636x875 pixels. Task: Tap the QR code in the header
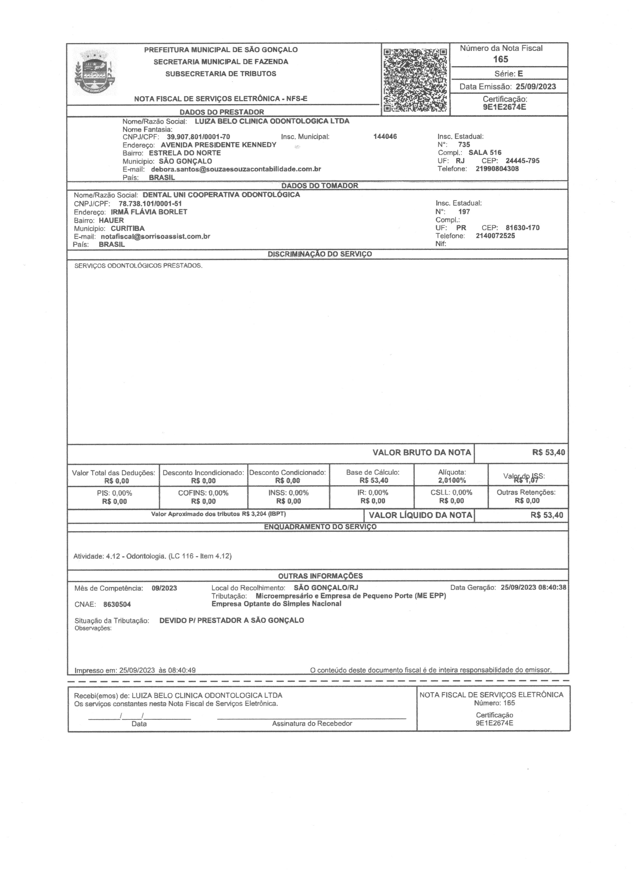click(415, 80)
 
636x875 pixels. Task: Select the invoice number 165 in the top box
click(501, 59)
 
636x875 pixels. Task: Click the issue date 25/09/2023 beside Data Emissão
click(536, 87)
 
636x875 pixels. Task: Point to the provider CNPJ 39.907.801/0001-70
click(198, 137)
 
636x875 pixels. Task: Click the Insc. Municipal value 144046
click(385, 136)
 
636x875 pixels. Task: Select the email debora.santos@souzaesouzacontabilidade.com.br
click(236, 169)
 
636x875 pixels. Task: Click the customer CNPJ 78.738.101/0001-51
click(150, 203)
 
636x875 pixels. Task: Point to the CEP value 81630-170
click(522, 228)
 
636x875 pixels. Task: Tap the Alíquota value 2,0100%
click(451, 480)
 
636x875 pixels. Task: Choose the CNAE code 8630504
click(117, 605)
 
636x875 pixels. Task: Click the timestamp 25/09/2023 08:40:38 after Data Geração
click(533, 588)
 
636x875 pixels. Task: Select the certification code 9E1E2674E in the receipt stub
click(494, 723)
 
